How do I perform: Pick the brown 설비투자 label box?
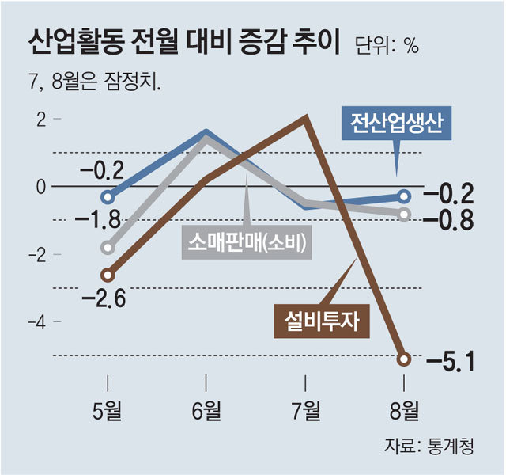click(x=322, y=320)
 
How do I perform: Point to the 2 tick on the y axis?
click(x=42, y=119)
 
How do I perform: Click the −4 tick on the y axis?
click(x=36, y=322)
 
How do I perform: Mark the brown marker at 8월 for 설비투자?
click(x=404, y=359)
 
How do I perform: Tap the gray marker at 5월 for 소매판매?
click(x=108, y=247)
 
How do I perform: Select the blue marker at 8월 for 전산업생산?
click(x=404, y=196)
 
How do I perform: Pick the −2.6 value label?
click(x=108, y=298)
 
